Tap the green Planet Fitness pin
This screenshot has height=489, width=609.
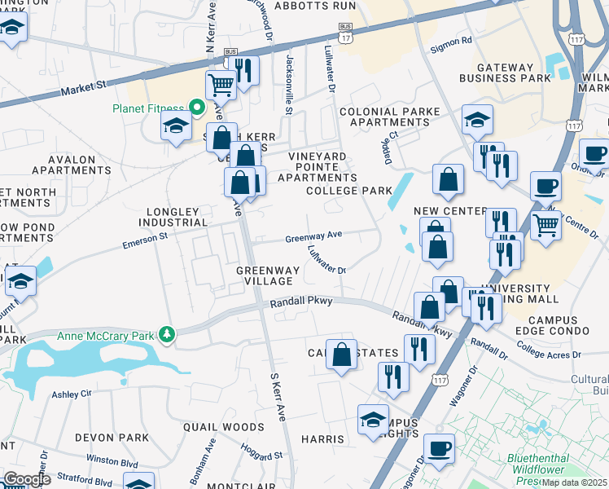(196, 107)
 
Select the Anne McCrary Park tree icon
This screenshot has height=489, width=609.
(167, 334)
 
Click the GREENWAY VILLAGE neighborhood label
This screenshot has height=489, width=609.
(265, 275)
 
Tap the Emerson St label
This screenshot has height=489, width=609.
(145, 237)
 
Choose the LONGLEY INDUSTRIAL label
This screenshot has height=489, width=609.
(173, 217)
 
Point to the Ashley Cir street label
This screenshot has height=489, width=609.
(72, 394)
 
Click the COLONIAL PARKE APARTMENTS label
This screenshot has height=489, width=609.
(389, 117)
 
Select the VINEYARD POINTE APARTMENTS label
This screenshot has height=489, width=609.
(318, 166)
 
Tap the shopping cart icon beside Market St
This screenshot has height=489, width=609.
(220, 83)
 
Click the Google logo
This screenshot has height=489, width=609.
(27, 479)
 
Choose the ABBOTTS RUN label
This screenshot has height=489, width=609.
(315, 5)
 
